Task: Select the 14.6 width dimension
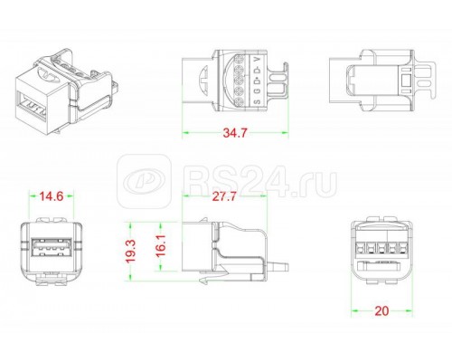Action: (x=52, y=194)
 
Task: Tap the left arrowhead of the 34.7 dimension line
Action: (x=186, y=133)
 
